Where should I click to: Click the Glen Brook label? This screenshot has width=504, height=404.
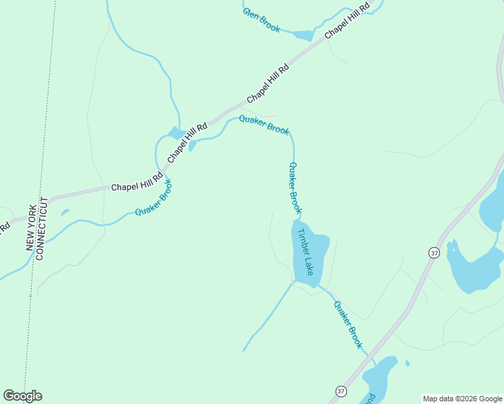pyautogui.click(x=261, y=20)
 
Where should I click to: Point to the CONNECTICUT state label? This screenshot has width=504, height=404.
pyautogui.click(x=40, y=230)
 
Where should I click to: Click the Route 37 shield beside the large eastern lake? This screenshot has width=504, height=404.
pyautogui.click(x=434, y=252)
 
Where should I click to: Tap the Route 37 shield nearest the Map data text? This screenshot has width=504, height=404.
pyautogui.click(x=341, y=391)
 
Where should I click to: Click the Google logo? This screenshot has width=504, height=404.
pyautogui.click(x=22, y=396)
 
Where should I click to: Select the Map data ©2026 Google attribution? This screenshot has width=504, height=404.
pyautogui.click(x=462, y=399)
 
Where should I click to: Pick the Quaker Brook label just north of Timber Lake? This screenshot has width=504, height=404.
pyautogui.click(x=294, y=188)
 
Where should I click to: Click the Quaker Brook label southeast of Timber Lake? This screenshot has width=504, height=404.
pyautogui.click(x=348, y=324)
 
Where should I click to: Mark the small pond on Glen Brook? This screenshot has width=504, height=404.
pyautogui.click(x=303, y=35)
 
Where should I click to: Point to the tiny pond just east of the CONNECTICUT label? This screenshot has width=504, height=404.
pyautogui.click(x=65, y=213)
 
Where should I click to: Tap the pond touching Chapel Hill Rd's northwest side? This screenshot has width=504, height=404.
pyautogui.click(x=177, y=133)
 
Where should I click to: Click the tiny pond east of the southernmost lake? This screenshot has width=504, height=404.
pyautogui.click(x=407, y=363)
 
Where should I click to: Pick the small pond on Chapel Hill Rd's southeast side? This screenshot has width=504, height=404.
pyautogui.click(x=192, y=145)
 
